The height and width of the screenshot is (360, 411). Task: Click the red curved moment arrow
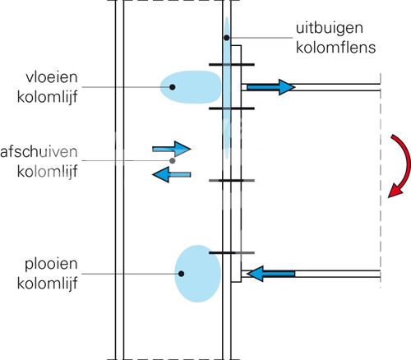pos(406,164)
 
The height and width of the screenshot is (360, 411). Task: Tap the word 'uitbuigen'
pos(330,28)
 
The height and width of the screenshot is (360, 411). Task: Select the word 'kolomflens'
pos(335,48)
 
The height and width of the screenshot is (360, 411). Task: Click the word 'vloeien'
pos(52,77)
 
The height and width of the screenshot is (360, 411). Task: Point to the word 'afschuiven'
pos(39,152)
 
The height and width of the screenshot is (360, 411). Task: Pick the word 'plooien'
pos(51,265)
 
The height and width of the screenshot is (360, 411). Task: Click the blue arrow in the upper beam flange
pos(271,87)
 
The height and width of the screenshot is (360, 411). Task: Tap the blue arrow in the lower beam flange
pos(271,274)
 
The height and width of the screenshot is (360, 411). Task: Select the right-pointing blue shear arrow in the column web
pos(172,149)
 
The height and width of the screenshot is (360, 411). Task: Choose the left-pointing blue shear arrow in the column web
pos(172,174)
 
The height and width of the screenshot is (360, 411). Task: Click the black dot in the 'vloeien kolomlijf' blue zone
pos(173,87)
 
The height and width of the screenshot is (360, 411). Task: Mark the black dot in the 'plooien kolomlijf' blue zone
pos(181,274)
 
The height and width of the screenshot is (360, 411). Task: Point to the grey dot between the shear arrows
pos(173,160)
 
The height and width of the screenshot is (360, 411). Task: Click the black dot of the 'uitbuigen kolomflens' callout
pos(227,38)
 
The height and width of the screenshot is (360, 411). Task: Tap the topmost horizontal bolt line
pos(232,65)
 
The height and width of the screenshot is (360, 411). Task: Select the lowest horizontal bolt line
pos(232,253)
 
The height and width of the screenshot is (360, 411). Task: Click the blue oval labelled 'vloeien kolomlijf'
pos(191,87)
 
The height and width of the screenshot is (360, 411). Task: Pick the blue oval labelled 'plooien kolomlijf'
pos(198,274)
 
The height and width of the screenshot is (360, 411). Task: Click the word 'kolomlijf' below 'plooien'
pos(48,284)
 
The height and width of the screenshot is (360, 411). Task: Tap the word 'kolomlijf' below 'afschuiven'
pos(48,172)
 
